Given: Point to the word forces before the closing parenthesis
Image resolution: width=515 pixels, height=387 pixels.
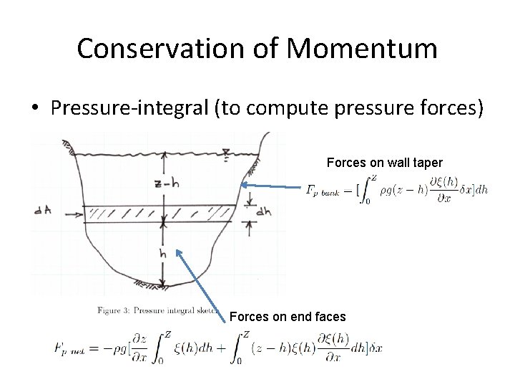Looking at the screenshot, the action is tap(436, 108).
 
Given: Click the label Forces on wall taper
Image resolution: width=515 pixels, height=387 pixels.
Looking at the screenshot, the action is tap(385, 163).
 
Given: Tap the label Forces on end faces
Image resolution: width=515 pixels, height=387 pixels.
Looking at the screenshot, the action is tap(288, 317).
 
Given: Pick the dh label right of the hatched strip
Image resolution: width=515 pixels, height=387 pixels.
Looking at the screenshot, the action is tap(264, 211).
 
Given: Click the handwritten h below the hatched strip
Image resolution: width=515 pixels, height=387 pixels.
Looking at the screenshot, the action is tap(163, 253).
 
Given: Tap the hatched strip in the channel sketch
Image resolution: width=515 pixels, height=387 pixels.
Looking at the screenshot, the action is tap(157, 212).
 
